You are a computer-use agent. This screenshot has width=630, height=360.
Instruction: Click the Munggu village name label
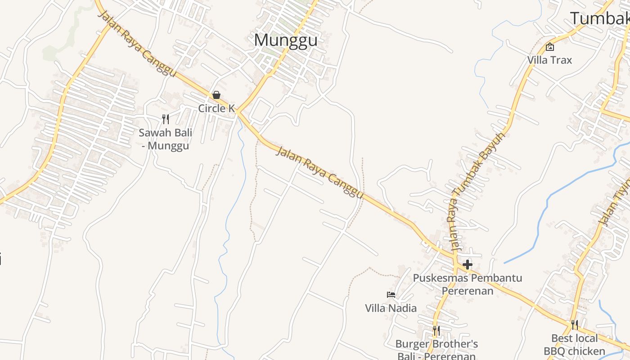click(285, 40)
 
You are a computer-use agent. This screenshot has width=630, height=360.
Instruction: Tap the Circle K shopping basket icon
click(216, 95)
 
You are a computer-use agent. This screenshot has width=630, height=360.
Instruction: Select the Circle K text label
click(216, 108)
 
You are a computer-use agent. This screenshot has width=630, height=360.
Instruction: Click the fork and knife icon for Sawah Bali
click(166, 119)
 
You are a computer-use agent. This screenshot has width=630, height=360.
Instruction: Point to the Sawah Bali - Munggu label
click(166, 139)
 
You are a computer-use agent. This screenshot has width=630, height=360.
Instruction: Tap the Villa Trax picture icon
click(549, 47)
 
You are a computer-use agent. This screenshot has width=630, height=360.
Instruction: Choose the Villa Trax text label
click(549, 60)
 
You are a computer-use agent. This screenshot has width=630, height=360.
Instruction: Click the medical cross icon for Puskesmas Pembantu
click(468, 264)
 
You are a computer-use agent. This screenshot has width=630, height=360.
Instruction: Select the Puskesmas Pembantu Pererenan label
click(468, 284)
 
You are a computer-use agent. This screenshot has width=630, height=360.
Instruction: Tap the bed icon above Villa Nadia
click(391, 295)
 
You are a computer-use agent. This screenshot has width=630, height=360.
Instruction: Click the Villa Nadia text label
click(391, 308)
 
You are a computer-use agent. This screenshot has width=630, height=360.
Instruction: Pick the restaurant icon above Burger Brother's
click(436, 331)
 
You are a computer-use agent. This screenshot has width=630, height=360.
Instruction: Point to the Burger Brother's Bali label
click(436, 350)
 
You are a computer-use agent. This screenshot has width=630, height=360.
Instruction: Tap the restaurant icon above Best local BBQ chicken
click(574, 325)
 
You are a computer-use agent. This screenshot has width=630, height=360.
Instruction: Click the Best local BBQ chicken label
click(574, 345)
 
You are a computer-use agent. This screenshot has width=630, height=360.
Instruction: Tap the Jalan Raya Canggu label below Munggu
click(319, 172)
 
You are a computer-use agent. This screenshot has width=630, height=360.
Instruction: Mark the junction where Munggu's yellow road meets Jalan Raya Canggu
click(238, 112)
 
